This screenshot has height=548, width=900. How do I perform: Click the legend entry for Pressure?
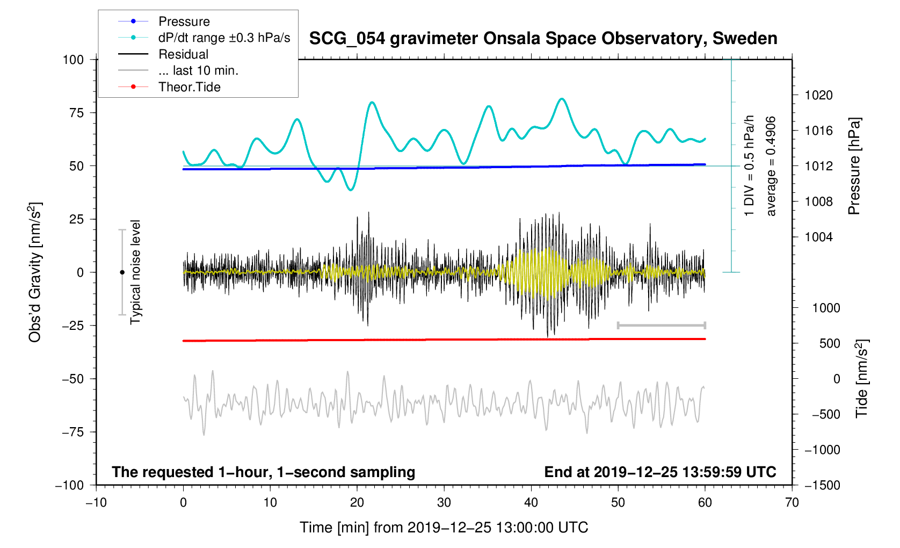tap(184, 21)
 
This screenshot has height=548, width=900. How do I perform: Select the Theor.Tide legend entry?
tap(189, 87)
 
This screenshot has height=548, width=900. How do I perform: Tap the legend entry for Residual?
tap(183, 54)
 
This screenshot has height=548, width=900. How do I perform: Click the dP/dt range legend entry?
tap(224, 38)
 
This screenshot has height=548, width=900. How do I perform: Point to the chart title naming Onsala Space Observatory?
tap(543, 39)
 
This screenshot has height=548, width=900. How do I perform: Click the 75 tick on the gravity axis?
tap(76, 113)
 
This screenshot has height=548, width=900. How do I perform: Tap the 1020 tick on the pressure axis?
tap(818, 96)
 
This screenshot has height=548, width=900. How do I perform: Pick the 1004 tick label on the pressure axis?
tap(818, 237)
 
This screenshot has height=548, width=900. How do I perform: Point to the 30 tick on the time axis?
tap(444, 503)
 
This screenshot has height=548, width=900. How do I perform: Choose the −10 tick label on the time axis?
tap(96, 503)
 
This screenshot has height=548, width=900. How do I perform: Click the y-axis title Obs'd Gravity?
tap(35, 272)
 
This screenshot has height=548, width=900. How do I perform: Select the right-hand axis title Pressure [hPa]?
tap(854, 166)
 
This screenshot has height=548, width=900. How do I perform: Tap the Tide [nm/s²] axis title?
tap(861, 379)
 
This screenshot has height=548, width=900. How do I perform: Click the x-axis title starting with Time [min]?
tap(444, 528)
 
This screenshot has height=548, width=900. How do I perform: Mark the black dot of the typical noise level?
tap(122, 272)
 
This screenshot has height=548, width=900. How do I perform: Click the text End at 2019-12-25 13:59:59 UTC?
tap(660, 472)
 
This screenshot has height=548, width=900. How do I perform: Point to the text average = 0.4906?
tap(771, 166)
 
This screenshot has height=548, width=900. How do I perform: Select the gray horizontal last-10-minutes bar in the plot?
tap(661, 326)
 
